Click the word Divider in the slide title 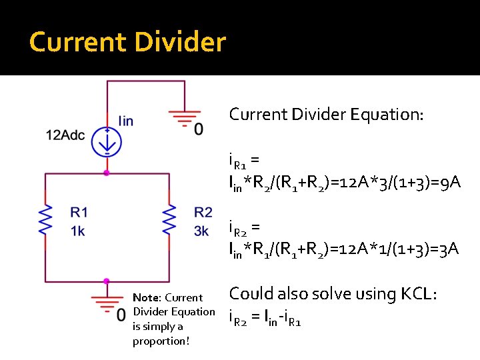179,42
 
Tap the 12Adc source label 65,135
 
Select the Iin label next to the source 125,121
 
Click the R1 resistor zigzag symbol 45,219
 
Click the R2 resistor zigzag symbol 169,219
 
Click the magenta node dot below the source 107,173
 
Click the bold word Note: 147,297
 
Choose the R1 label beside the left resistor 79,212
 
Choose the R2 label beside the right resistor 203,212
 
